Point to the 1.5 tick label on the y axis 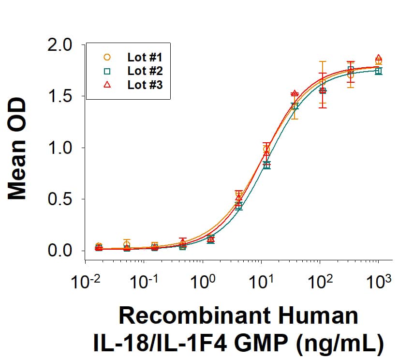(x=60, y=96)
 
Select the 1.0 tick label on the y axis (x=60, y=148)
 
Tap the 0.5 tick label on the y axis (x=60, y=199)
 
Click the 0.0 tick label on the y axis (x=60, y=251)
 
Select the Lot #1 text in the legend (x=145, y=57)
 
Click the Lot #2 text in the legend (x=145, y=71)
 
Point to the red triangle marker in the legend (x=107, y=85)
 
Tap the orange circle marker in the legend (x=107, y=57)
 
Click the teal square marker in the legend (x=107, y=71)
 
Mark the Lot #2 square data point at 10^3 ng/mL (x=378, y=71)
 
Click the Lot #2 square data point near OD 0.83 (x=266, y=165)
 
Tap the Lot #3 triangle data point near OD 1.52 (x=294, y=93)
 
